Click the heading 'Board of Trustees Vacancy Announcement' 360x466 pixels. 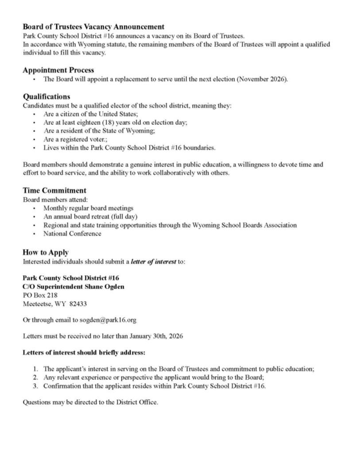(x=93, y=27)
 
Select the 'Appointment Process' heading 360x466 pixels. (x=58, y=70)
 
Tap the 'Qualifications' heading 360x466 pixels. (x=46, y=96)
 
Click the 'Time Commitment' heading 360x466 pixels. (x=54, y=190)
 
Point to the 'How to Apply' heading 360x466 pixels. (x=46, y=252)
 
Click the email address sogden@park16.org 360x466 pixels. (x=111, y=320)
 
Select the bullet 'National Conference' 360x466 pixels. (x=72, y=234)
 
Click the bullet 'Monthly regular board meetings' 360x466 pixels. (x=88, y=208)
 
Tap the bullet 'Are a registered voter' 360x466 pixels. (x=75, y=139)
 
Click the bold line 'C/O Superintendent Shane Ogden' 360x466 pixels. (x=74, y=287)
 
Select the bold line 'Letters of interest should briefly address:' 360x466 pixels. (x=84, y=353)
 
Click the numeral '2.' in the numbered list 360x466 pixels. (x=36, y=377)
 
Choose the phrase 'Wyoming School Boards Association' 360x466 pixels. (x=244, y=225)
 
